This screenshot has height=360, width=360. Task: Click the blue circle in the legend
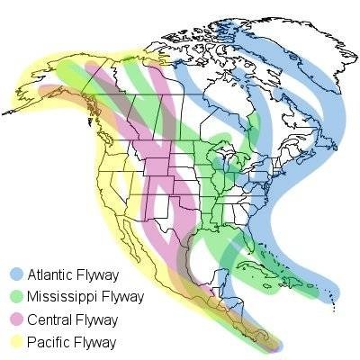[16, 274]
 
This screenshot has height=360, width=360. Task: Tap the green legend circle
[16, 296]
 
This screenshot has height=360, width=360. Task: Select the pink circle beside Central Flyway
[16, 319]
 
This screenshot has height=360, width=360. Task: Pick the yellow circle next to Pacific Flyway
[16, 342]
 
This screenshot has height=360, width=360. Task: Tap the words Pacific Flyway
[67, 342]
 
